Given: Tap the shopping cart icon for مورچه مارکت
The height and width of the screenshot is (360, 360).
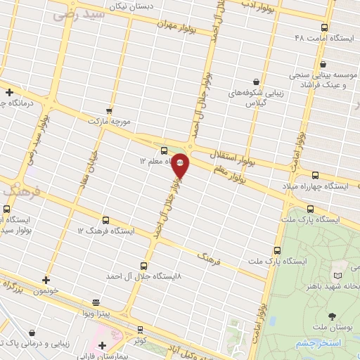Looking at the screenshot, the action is tap(108, 110).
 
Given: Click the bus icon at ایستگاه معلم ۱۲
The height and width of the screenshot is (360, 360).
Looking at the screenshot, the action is tap(164, 150).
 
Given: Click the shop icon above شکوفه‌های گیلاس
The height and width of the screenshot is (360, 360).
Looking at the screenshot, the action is tap(255, 82).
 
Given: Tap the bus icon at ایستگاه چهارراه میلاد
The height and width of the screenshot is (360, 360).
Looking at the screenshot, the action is tap(314, 175).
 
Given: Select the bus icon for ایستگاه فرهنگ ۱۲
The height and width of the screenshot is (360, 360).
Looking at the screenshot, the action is tap(105, 220).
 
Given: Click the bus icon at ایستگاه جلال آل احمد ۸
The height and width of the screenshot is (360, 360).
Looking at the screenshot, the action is tap(143, 266).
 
